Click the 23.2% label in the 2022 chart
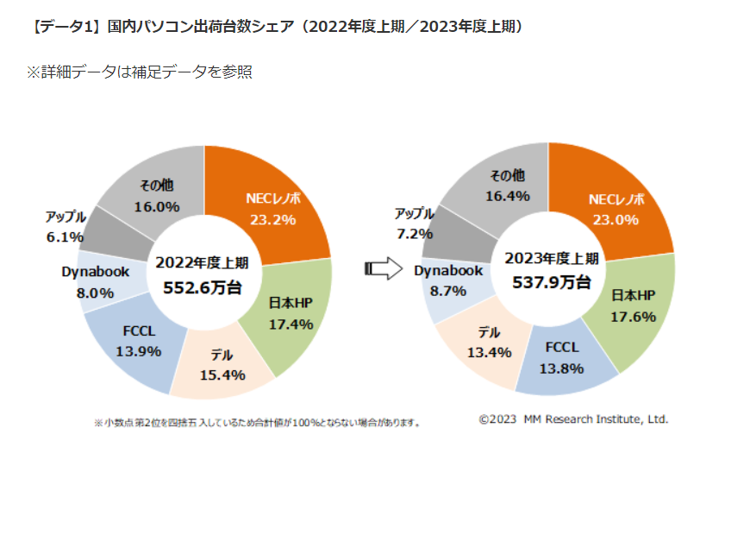[x=273, y=219]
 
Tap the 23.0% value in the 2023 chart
[x=615, y=219]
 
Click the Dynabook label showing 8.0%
[x=96, y=282]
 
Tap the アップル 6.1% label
[x=66, y=227]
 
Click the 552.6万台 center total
[x=203, y=288]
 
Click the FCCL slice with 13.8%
[x=562, y=358]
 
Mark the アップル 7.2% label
[x=414, y=223]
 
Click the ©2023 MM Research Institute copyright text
[x=573, y=419]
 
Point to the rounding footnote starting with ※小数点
[x=257, y=423]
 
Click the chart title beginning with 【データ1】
[x=276, y=26]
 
